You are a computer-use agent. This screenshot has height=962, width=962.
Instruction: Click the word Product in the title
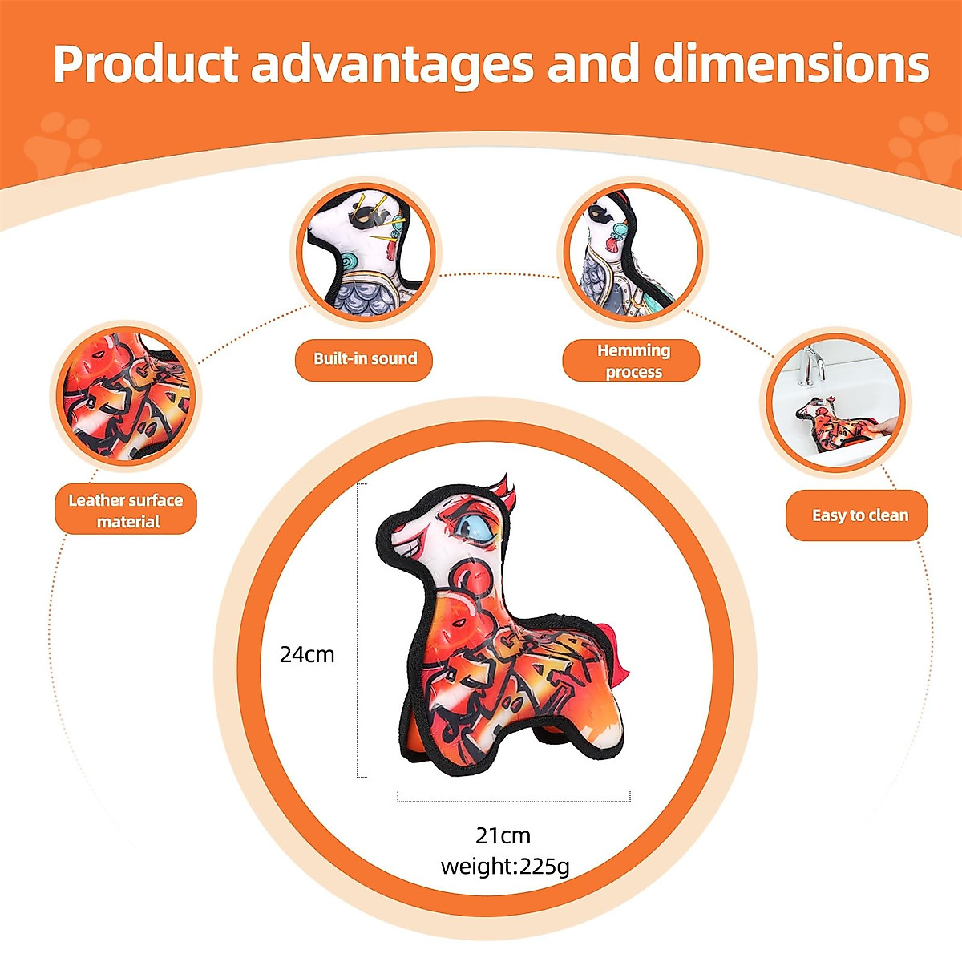(x=145, y=64)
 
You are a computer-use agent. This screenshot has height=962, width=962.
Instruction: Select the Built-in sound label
(x=365, y=358)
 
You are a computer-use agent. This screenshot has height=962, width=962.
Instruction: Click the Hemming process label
(x=633, y=361)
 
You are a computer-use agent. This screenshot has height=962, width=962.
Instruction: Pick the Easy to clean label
(x=859, y=515)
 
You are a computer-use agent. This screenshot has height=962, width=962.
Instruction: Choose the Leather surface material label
(x=126, y=511)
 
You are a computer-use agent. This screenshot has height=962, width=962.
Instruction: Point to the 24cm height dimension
(x=307, y=654)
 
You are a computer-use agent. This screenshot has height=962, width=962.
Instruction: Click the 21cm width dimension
(x=503, y=835)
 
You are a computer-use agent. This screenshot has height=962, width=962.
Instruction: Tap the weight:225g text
(x=505, y=866)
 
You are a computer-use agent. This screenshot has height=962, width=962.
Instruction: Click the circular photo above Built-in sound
(x=366, y=251)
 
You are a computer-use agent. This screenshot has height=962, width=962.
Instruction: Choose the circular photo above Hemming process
(x=633, y=251)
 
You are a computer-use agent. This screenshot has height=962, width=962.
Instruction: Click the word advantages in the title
(x=392, y=64)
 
